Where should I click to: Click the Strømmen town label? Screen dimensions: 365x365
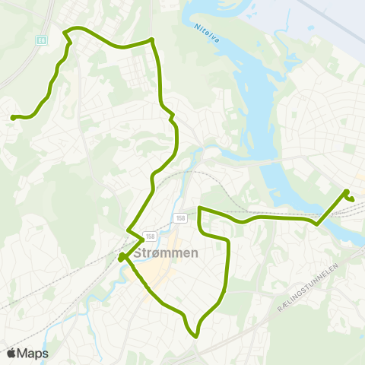166,254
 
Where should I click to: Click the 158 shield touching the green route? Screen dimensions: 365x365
151,236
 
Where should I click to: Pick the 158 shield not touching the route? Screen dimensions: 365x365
179,218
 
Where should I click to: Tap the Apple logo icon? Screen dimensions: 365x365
12,353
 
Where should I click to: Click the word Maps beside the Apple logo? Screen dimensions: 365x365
33,353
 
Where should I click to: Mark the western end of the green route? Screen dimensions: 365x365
13,117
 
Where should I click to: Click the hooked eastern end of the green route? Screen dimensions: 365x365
351,199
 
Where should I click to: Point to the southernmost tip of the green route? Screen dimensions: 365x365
196,335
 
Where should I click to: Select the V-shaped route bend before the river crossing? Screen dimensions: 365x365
317,224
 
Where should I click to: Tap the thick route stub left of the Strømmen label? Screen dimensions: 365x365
122,257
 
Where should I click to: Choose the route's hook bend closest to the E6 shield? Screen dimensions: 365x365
67,33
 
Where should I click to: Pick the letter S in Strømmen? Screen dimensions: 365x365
138,254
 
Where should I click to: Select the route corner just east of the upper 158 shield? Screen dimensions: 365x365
199,208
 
